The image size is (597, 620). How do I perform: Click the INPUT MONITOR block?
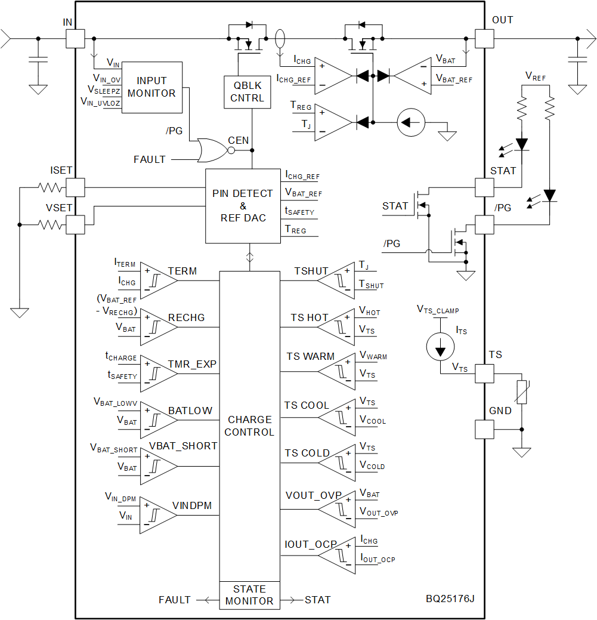click(x=151, y=87)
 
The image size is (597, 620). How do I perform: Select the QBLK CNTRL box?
click(x=247, y=92)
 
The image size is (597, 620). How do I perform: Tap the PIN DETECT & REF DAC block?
click(x=243, y=206)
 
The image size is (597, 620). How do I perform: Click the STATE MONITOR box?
click(x=249, y=595)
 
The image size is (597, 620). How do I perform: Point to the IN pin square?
click(x=75, y=39)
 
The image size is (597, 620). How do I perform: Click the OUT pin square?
click(x=484, y=39)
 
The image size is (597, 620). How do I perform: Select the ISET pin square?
click(x=75, y=187)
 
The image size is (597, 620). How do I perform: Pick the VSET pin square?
click(x=75, y=224)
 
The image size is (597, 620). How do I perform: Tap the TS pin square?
click(x=484, y=374)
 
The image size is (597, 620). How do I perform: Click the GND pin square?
click(x=484, y=429)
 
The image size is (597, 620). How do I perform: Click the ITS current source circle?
click(x=440, y=347)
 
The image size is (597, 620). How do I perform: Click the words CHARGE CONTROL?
click(x=249, y=425)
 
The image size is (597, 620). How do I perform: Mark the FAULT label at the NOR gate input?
click(x=150, y=159)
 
